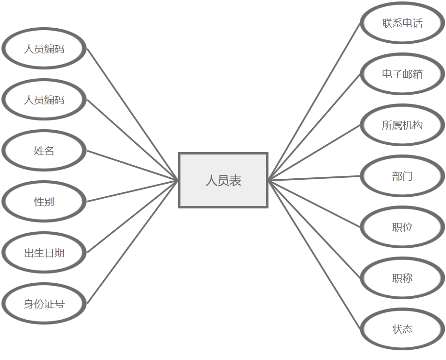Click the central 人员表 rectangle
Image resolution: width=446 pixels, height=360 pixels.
[223, 180]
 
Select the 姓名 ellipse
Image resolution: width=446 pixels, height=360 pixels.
[44, 151]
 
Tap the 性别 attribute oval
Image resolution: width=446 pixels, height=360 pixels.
[44, 202]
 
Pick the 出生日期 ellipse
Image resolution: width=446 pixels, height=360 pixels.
[44, 253]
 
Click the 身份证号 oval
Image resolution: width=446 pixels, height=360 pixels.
[44, 304]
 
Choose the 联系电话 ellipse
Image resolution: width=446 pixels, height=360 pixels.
[402, 23]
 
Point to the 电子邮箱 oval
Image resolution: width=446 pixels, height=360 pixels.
[402, 74]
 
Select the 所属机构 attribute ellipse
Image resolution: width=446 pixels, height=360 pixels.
[402, 125]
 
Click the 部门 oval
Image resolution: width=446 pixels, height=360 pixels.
[402, 176]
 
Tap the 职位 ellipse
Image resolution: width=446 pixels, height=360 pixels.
[402, 227]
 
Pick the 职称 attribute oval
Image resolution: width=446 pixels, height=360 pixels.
[402, 278]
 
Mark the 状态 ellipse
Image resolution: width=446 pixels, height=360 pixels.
[402, 329]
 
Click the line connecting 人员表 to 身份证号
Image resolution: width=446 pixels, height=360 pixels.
[133, 242]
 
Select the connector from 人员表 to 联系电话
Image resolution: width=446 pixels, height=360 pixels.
[315, 101]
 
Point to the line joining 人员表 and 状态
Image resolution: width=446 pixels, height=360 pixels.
[315, 255]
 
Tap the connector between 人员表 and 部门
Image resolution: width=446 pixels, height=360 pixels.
[315, 178]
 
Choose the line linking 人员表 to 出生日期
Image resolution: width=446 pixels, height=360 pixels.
[133, 217]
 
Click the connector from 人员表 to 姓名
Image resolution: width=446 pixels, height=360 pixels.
[133, 166]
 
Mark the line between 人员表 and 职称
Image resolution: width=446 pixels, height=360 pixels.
[315, 229]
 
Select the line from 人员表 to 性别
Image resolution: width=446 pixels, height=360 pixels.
[133, 191]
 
